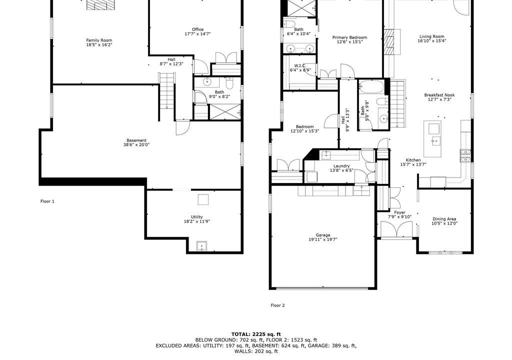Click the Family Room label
[x=99, y=40]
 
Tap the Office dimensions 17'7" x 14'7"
[x=197, y=33]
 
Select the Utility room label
[x=197, y=217]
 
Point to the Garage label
[x=323, y=235]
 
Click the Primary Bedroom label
[x=349, y=37]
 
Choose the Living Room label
[x=431, y=36]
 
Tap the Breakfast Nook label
[x=439, y=95]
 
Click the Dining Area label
[x=444, y=219]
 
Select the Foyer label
[x=399, y=212]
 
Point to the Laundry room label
[x=341, y=166]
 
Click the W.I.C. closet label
[x=300, y=65]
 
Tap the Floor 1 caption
[x=47, y=201]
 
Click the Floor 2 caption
[x=277, y=305]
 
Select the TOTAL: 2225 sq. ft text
[x=256, y=334]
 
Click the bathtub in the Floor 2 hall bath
[x=372, y=87]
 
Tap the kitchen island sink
[x=435, y=141]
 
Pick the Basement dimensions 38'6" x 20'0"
[x=136, y=144]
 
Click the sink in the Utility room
[x=202, y=246]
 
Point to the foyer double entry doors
[x=396, y=229]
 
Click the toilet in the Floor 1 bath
[x=229, y=83]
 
